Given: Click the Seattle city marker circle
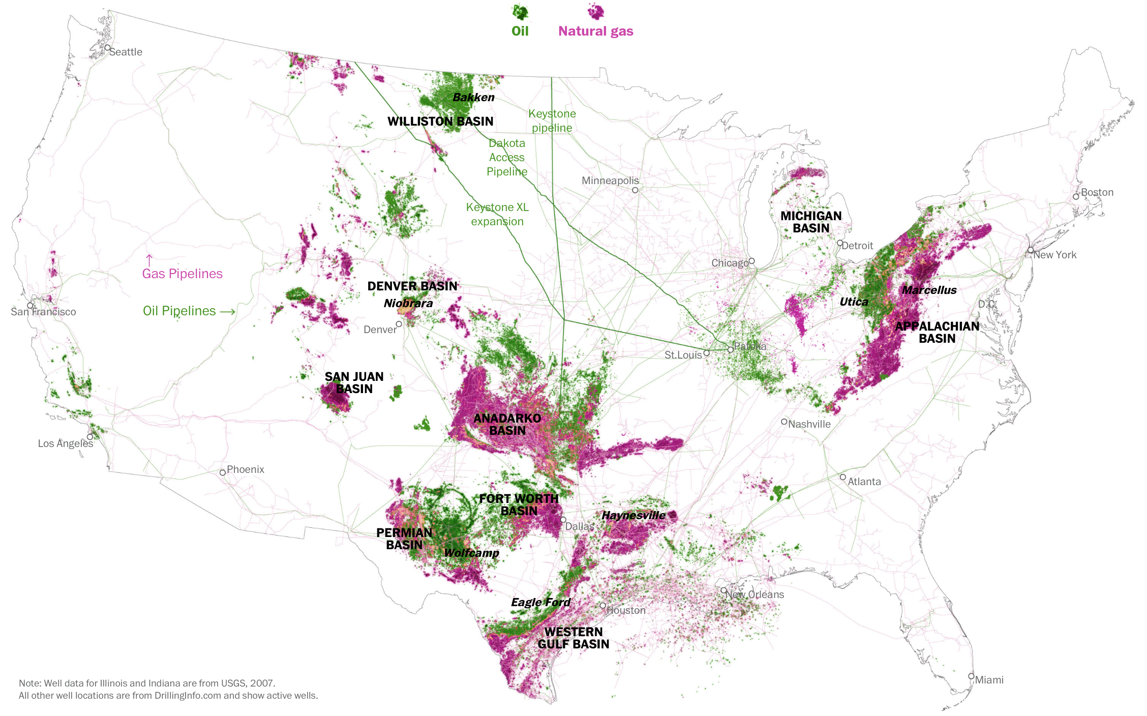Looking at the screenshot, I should pyautogui.click(x=108, y=48).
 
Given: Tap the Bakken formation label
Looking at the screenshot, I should pyautogui.click(x=473, y=97).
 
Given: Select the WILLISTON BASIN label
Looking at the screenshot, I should pyautogui.click(x=440, y=121).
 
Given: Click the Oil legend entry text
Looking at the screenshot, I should pyautogui.click(x=520, y=31).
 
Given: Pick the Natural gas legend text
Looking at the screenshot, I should pyautogui.click(x=595, y=31).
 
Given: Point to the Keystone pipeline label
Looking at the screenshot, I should pyautogui.click(x=552, y=121).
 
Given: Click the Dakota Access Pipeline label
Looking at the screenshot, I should pyautogui.click(x=507, y=157).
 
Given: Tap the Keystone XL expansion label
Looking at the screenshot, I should pyautogui.click(x=497, y=214).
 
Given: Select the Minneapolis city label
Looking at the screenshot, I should pyautogui.click(x=610, y=181).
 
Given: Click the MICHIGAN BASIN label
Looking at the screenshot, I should pyautogui.click(x=811, y=222).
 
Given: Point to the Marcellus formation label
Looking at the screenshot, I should pyautogui.click(x=929, y=290).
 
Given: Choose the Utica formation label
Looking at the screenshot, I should pyautogui.click(x=854, y=302).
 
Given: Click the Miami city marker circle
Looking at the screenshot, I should pyautogui.click(x=971, y=676).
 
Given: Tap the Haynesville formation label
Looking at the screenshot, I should pyautogui.click(x=633, y=515).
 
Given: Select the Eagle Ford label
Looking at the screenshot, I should pyautogui.click(x=540, y=602).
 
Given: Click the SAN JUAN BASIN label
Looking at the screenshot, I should pyautogui.click(x=354, y=382).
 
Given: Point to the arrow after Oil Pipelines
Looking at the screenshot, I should pyautogui.click(x=227, y=311).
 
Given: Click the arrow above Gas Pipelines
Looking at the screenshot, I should pyautogui.click(x=149, y=260).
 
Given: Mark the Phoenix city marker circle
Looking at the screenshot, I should pyautogui.click(x=223, y=472).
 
